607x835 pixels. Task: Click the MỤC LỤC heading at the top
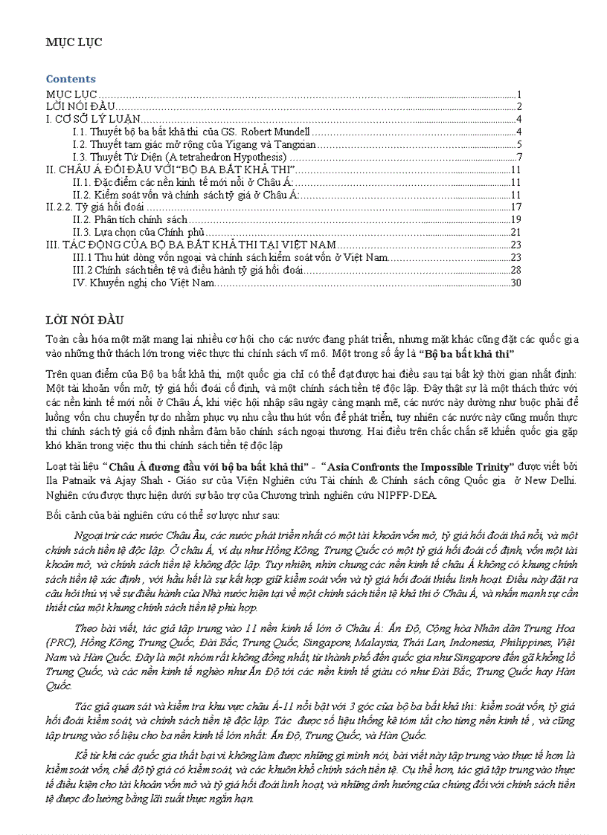pyautogui.click(x=74, y=42)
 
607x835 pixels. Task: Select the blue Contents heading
pyautogui.click(x=71, y=79)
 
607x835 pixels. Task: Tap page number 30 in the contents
pyautogui.click(x=516, y=283)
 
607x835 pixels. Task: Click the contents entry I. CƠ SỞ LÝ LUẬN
pyautogui.click(x=92, y=119)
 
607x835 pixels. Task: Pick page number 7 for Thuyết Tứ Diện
pyautogui.click(x=519, y=157)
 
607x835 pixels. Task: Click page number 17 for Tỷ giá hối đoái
pyautogui.click(x=516, y=207)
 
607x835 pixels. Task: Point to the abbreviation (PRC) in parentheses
pyautogui.click(x=60, y=642)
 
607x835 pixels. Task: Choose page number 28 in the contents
pyautogui.click(x=516, y=271)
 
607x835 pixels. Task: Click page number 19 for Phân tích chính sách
pyautogui.click(x=516, y=220)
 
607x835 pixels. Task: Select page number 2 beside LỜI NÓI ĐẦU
pyautogui.click(x=519, y=106)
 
